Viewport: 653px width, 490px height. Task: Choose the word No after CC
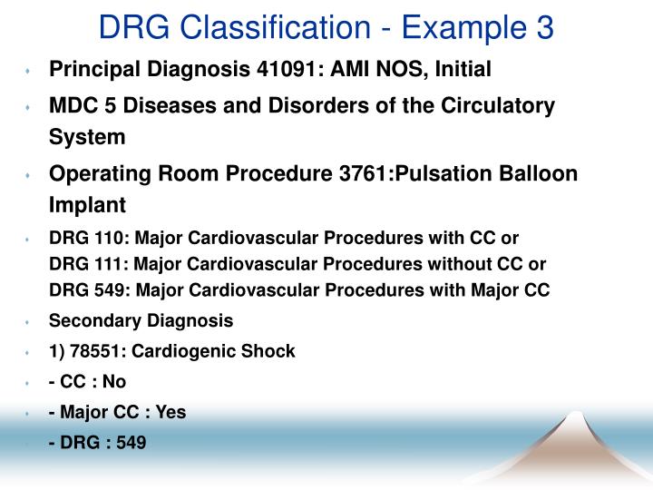coord(114,381)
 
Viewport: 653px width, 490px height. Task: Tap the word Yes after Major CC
coord(171,412)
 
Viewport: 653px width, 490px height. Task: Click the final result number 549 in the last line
coord(131,443)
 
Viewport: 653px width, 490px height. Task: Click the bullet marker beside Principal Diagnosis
coord(29,70)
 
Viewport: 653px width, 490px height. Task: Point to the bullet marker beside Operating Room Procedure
coord(29,175)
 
